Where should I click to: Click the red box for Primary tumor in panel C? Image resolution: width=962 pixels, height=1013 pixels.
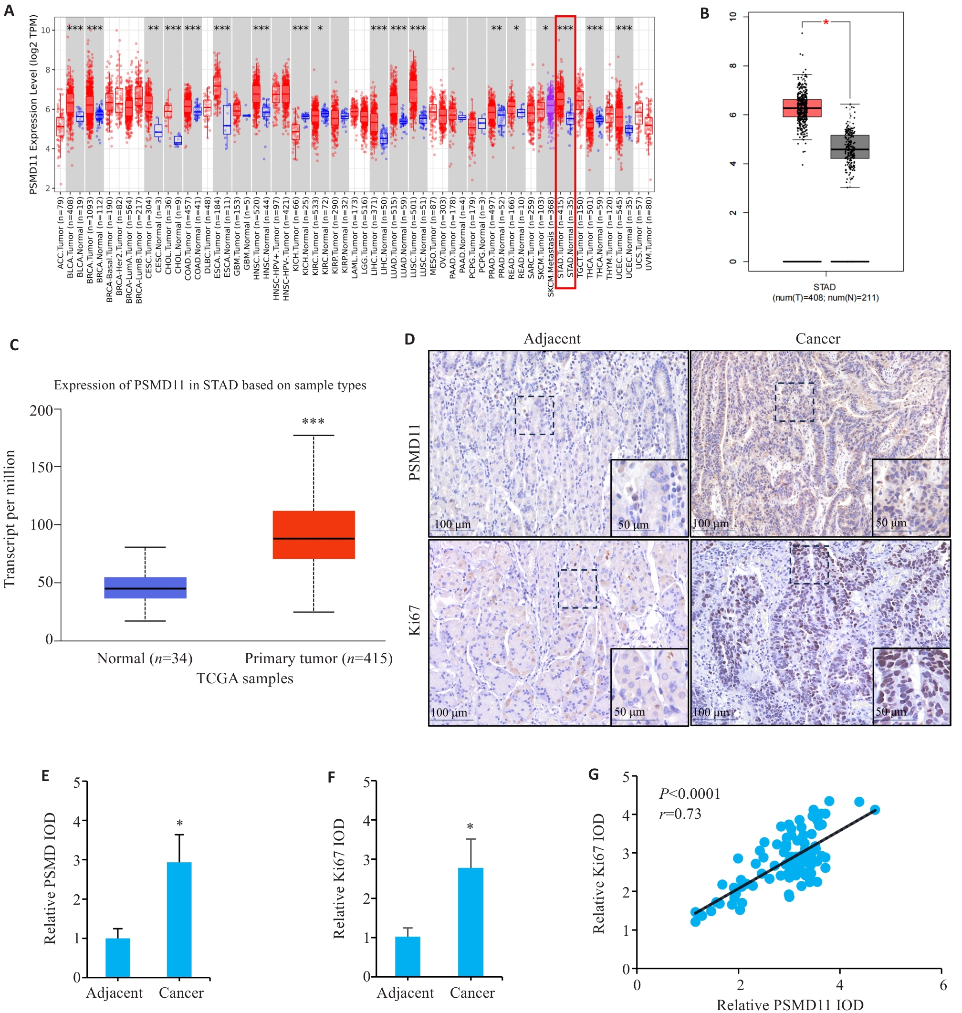click(314, 534)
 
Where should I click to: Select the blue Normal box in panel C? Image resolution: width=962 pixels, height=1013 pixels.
click(145, 587)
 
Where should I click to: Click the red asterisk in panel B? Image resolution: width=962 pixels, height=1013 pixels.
click(826, 22)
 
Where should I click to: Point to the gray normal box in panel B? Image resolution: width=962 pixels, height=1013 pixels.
click(849, 146)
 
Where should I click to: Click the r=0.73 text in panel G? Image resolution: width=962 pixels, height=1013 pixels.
click(680, 814)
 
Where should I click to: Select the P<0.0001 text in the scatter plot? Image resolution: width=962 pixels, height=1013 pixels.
click(690, 794)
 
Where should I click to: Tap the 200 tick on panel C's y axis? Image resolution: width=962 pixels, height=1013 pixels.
click(41, 410)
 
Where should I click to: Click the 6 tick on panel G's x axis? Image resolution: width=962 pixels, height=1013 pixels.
click(942, 985)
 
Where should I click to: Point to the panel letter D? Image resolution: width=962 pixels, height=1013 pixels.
click(409, 339)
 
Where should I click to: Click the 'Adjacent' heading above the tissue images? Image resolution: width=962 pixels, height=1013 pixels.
click(552, 338)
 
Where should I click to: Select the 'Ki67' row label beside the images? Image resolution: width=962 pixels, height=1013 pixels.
click(414, 620)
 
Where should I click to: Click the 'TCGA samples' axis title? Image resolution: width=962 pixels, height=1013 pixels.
click(245, 678)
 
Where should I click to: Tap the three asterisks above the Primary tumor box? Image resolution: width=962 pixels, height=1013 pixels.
click(313, 421)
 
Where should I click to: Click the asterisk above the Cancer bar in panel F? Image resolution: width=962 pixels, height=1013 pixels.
click(470, 826)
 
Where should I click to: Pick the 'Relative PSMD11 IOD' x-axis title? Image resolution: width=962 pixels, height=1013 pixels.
click(789, 1005)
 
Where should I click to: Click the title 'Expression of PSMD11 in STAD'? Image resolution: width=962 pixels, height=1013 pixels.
click(210, 385)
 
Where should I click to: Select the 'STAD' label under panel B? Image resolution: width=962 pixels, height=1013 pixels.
click(824, 287)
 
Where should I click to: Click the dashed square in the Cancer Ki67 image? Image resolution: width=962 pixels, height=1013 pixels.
click(809, 564)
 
